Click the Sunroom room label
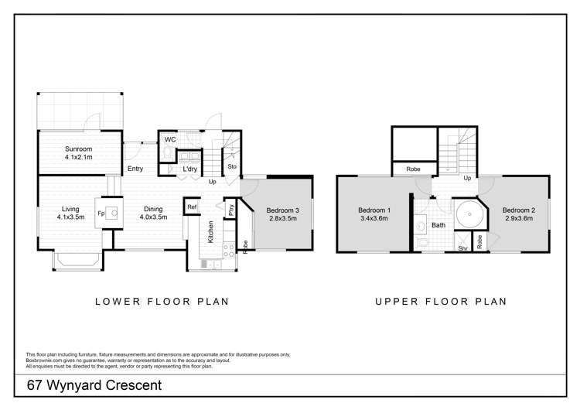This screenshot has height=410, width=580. click(78, 153)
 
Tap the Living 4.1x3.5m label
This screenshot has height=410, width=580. click(70, 214)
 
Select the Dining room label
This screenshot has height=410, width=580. click(153, 214)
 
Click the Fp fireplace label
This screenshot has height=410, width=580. click(101, 214)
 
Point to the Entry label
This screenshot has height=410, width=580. click(135, 169)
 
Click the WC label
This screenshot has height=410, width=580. click(170, 139)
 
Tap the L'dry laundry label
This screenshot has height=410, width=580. click(189, 169)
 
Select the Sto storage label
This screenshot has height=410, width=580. click(232, 166)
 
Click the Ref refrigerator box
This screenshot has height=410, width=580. click(192, 207)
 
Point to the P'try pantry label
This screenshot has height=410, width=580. click(231, 210)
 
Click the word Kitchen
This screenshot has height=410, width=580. click(210, 232)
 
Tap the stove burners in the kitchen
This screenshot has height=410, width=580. click(229, 251)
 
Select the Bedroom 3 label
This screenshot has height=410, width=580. click(282, 214)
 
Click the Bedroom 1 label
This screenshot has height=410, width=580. click(374, 214)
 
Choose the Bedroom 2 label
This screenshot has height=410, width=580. click(519, 214)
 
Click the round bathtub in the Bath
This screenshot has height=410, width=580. click(469, 214)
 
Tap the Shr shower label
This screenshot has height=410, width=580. click(462, 248)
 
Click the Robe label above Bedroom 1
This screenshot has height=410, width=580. click(413, 169)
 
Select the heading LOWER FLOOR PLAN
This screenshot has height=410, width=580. click(162, 302)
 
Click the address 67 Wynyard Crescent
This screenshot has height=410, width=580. click(94, 385)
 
